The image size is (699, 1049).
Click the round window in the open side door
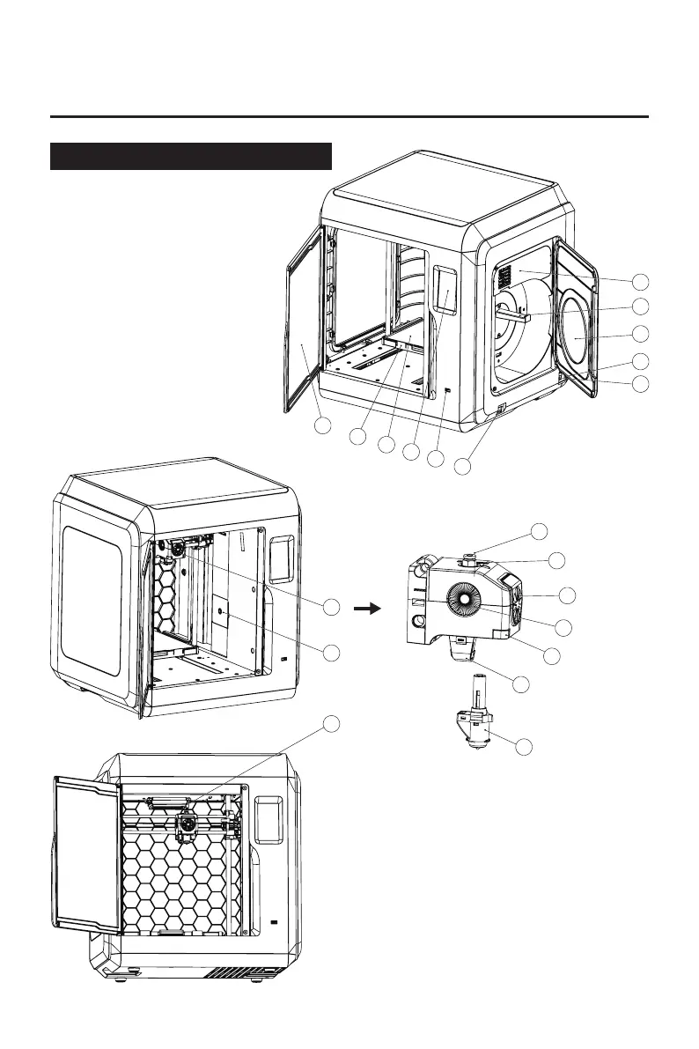tap(576, 338)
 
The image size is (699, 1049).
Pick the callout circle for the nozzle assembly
tap(524, 748)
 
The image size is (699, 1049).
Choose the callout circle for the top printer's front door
tap(323, 425)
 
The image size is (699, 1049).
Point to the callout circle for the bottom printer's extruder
tap(331, 723)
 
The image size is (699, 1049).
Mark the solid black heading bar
tap(191, 156)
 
